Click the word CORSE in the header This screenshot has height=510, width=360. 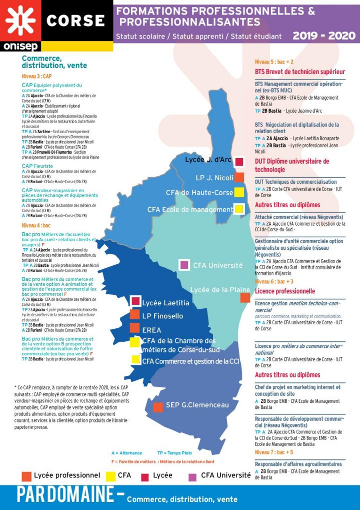(75, 21)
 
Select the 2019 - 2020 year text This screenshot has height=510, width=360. (324, 36)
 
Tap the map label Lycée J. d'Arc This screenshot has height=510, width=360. (208, 160)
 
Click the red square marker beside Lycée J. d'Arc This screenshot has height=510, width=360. (239, 162)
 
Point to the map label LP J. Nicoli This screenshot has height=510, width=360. (214, 178)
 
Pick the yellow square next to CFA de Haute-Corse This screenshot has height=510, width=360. (239, 192)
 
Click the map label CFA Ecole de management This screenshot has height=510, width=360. (190, 209)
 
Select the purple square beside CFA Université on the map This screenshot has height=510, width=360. (184, 265)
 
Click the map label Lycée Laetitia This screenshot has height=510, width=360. (165, 303)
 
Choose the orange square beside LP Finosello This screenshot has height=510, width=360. (134, 314)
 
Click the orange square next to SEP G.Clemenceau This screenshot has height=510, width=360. (158, 407)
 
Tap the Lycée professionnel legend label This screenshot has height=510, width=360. (67, 475)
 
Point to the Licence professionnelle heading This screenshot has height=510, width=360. (285, 291)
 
